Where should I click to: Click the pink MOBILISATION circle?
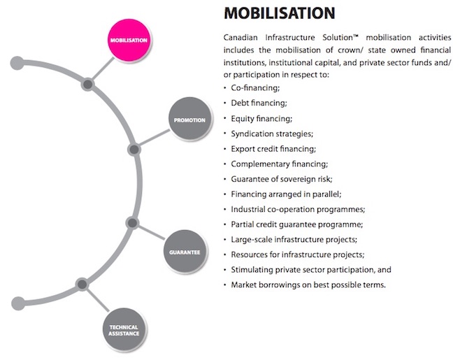coord(129,40)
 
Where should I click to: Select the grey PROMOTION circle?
coord(189,120)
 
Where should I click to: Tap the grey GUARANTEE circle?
coord(185,250)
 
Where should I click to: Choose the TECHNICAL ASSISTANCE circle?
coord(124,329)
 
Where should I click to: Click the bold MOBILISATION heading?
coord(279,13)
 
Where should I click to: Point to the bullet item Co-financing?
coord(255,88)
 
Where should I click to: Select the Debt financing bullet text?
coord(259,103)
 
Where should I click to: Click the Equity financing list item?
coord(261,118)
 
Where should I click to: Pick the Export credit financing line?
coord(273,149)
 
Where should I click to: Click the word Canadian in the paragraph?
coord(240,36)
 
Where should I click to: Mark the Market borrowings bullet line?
coord(308,285)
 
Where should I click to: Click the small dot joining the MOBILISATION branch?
coord(87,85)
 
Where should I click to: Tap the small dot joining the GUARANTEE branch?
coord(131,222)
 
